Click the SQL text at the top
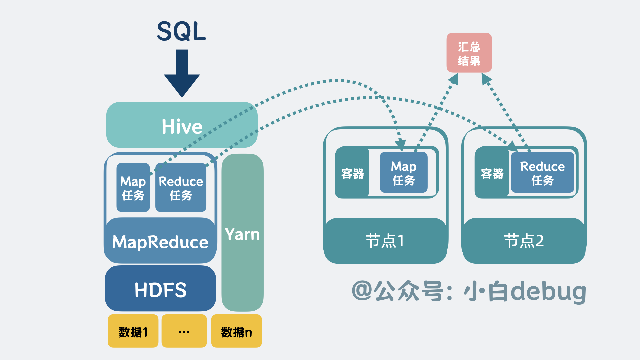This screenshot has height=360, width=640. pyautogui.click(x=181, y=31)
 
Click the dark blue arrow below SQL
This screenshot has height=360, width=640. pyautogui.click(x=182, y=73)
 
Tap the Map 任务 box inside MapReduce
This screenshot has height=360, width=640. pyautogui.click(x=133, y=188)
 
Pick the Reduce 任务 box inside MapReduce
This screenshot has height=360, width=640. pyautogui.click(x=181, y=188)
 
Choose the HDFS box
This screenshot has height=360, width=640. pyautogui.click(x=160, y=289)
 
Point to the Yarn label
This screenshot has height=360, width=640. pyautogui.click(x=242, y=234)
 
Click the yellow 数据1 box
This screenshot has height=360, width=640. pyautogui.click(x=133, y=332)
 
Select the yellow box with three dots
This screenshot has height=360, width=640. pyautogui.click(x=184, y=332)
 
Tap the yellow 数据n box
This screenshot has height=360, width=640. pyautogui.click(x=236, y=332)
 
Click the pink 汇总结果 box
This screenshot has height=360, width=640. pyautogui.click(x=469, y=53)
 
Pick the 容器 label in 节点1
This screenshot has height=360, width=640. pyautogui.click(x=352, y=173)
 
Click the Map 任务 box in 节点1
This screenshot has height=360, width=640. pyautogui.click(x=404, y=173)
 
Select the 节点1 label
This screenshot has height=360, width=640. pyautogui.click(x=385, y=241)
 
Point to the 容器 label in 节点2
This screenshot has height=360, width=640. pyautogui.click(x=492, y=173)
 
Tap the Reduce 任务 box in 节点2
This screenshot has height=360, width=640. pyautogui.click(x=542, y=173)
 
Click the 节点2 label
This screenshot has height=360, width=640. pyautogui.click(x=524, y=241)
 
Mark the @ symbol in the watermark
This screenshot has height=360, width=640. pyautogui.click(x=362, y=291)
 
